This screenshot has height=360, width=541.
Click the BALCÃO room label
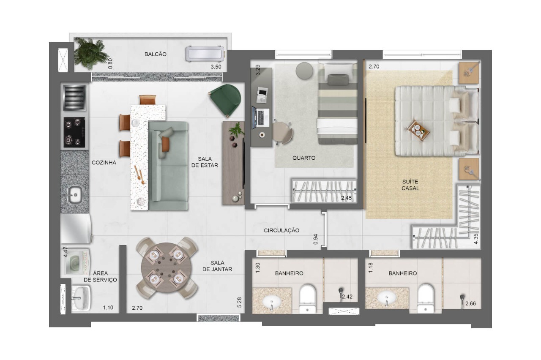coord(155,55)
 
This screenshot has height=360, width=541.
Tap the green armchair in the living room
coord(225,99)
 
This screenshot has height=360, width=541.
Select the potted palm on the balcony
coord(89,53)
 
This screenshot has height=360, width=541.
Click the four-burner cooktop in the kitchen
coord(74,132)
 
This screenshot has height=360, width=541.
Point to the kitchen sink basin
coord(75,195)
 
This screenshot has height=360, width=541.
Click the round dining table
coord(167,268)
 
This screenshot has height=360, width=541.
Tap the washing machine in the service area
coord(75,263)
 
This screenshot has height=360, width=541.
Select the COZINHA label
coord(104,163)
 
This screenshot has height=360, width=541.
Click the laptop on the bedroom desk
coord(261,118)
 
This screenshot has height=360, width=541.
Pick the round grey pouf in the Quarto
coord(304,71)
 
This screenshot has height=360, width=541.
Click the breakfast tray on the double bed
coord(418,131)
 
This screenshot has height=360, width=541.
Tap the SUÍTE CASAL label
coord(410,185)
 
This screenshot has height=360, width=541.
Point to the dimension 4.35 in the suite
coord(476,239)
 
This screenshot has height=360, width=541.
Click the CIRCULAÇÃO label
coord(281,231)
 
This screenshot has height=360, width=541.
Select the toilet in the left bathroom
coord(307,299)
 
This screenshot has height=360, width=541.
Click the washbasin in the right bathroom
coord(386,298)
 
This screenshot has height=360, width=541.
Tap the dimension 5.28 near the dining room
coord(239,302)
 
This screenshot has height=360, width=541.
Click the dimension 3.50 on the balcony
coord(216,67)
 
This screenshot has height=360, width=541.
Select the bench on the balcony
coord(205,54)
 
